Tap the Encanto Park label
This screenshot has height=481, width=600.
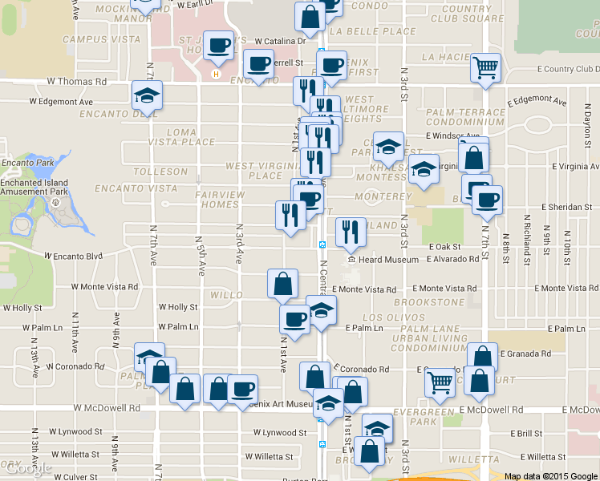[x=27, y=162]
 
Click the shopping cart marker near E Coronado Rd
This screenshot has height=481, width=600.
[x=440, y=383]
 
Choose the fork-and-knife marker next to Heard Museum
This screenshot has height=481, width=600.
[x=351, y=232]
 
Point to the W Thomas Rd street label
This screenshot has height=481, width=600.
[x=77, y=82]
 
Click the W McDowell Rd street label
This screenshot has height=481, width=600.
[x=107, y=408]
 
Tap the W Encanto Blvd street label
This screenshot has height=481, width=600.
[x=74, y=257]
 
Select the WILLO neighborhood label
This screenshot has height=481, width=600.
[x=226, y=295]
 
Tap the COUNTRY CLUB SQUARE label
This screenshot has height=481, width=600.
[x=467, y=14]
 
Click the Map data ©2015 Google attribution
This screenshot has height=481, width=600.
[x=550, y=476]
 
